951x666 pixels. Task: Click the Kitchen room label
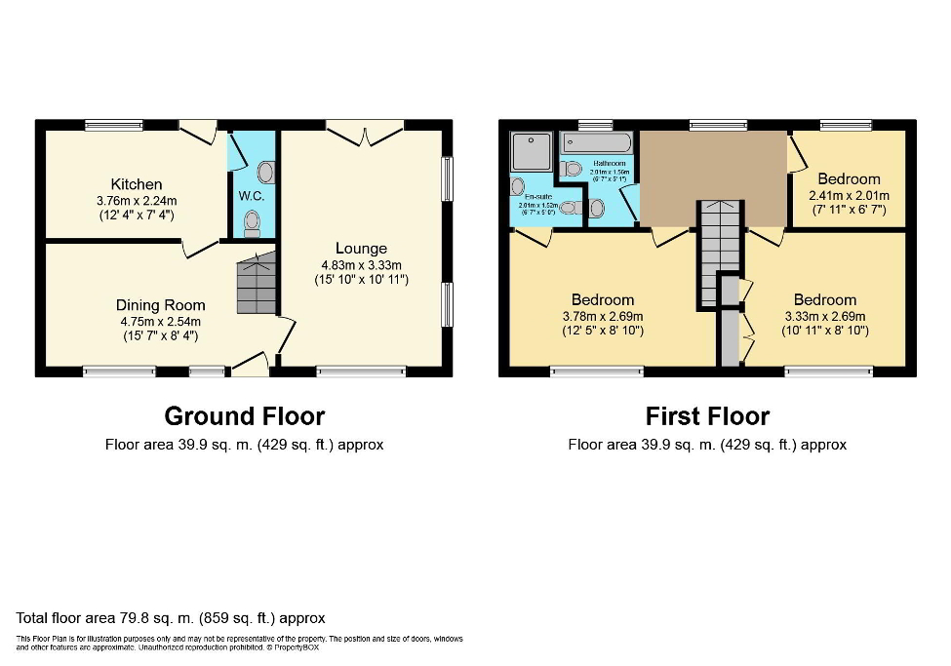pyautogui.click(x=137, y=184)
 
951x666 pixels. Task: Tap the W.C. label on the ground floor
pyautogui.click(x=251, y=195)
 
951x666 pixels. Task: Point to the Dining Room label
pyautogui.click(x=159, y=305)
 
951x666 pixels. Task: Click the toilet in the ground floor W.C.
pyautogui.click(x=254, y=223)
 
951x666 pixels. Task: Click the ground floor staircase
pyautogui.click(x=256, y=284)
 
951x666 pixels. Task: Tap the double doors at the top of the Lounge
pyautogui.click(x=365, y=134)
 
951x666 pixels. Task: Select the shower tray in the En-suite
pyautogui.click(x=531, y=150)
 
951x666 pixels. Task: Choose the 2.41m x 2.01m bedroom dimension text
pyautogui.click(x=849, y=194)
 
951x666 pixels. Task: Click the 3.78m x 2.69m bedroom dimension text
pyautogui.click(x=603, y=316)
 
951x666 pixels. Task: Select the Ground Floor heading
pyautogui.click(x=244, y=416)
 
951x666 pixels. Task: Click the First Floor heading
pyautogui.click(x=707, y=416)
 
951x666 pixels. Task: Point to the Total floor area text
pyautogui.click(x=171, y=618)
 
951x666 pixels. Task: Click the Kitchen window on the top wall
pyautogui.click(x=113, y=124)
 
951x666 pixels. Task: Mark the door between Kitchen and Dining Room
pyautogui.click(x=200, y=248)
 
